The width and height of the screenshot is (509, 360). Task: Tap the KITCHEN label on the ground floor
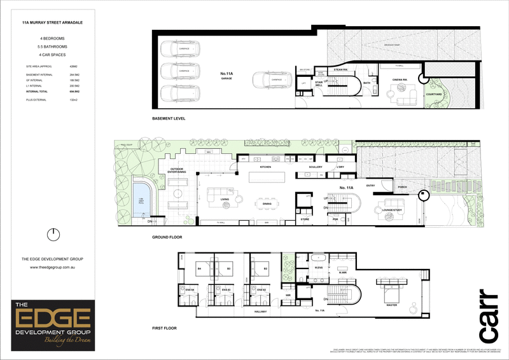pos(265,166)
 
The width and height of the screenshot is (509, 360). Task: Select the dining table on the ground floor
pos(267,204)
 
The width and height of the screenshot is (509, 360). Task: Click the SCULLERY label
pos(316,166)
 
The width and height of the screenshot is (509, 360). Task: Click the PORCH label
pos(402,187)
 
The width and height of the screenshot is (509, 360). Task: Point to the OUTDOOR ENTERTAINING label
pos(178,170)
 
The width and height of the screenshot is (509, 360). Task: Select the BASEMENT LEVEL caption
pos(170,119)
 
